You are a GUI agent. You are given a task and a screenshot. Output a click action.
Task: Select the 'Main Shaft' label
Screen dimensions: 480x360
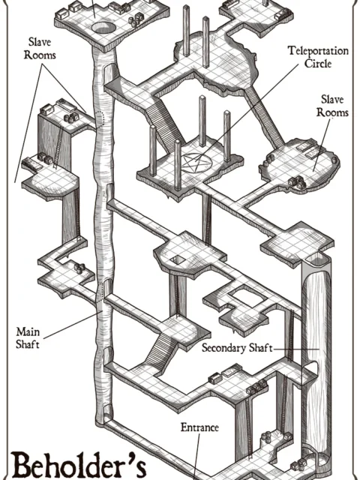point(28,337)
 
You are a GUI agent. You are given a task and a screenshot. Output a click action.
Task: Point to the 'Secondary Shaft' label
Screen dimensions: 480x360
point(236,349)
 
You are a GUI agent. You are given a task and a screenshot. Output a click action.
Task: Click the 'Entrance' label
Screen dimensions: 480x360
point(199,427)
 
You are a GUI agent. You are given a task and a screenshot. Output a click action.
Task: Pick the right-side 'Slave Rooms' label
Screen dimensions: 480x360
point(334,106)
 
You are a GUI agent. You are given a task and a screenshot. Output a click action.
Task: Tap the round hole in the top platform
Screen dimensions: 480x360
point(103,28)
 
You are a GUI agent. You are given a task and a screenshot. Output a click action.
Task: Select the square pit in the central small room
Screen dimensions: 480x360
point(177,259)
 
